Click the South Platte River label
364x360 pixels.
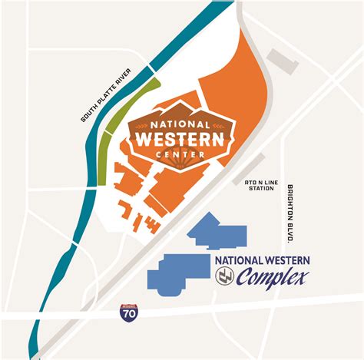tap(108, 95)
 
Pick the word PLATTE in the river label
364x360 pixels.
tap(107, 96)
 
